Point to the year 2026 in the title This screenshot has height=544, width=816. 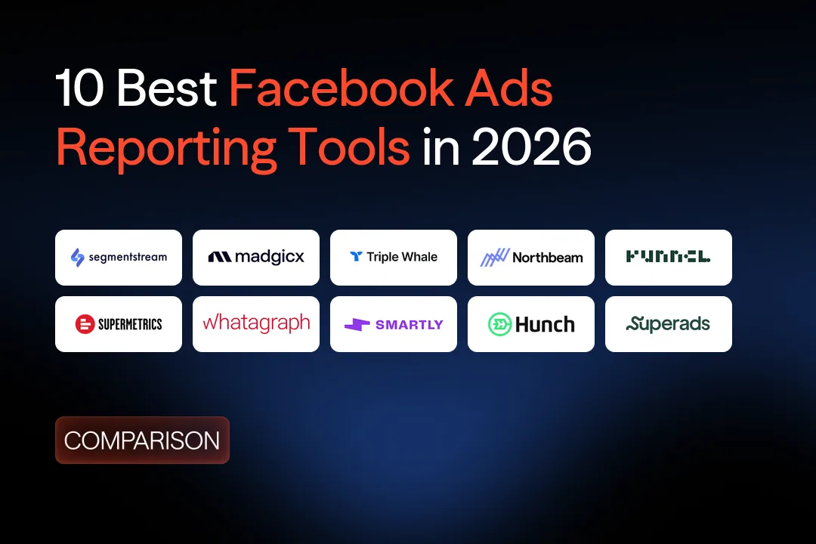pos(531,148)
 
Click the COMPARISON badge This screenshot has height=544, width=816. pos(142,440)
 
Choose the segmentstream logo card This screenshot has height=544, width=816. pos(119,258)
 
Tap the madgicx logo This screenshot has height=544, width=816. pos(256,258)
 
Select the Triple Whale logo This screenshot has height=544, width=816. pos(394,258)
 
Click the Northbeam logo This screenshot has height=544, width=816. pos(531,258)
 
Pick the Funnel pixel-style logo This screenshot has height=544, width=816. pos(669,258)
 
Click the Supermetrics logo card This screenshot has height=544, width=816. pos(119,324)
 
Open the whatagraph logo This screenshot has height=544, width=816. pos(256,324)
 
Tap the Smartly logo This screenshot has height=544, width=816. pos(394,324)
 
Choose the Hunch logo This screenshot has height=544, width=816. pos(531,324)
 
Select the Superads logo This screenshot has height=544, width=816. pos(669,324)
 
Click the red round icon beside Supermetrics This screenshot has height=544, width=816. pos(84,325)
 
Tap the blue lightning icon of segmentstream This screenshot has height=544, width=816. pos(77,258)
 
